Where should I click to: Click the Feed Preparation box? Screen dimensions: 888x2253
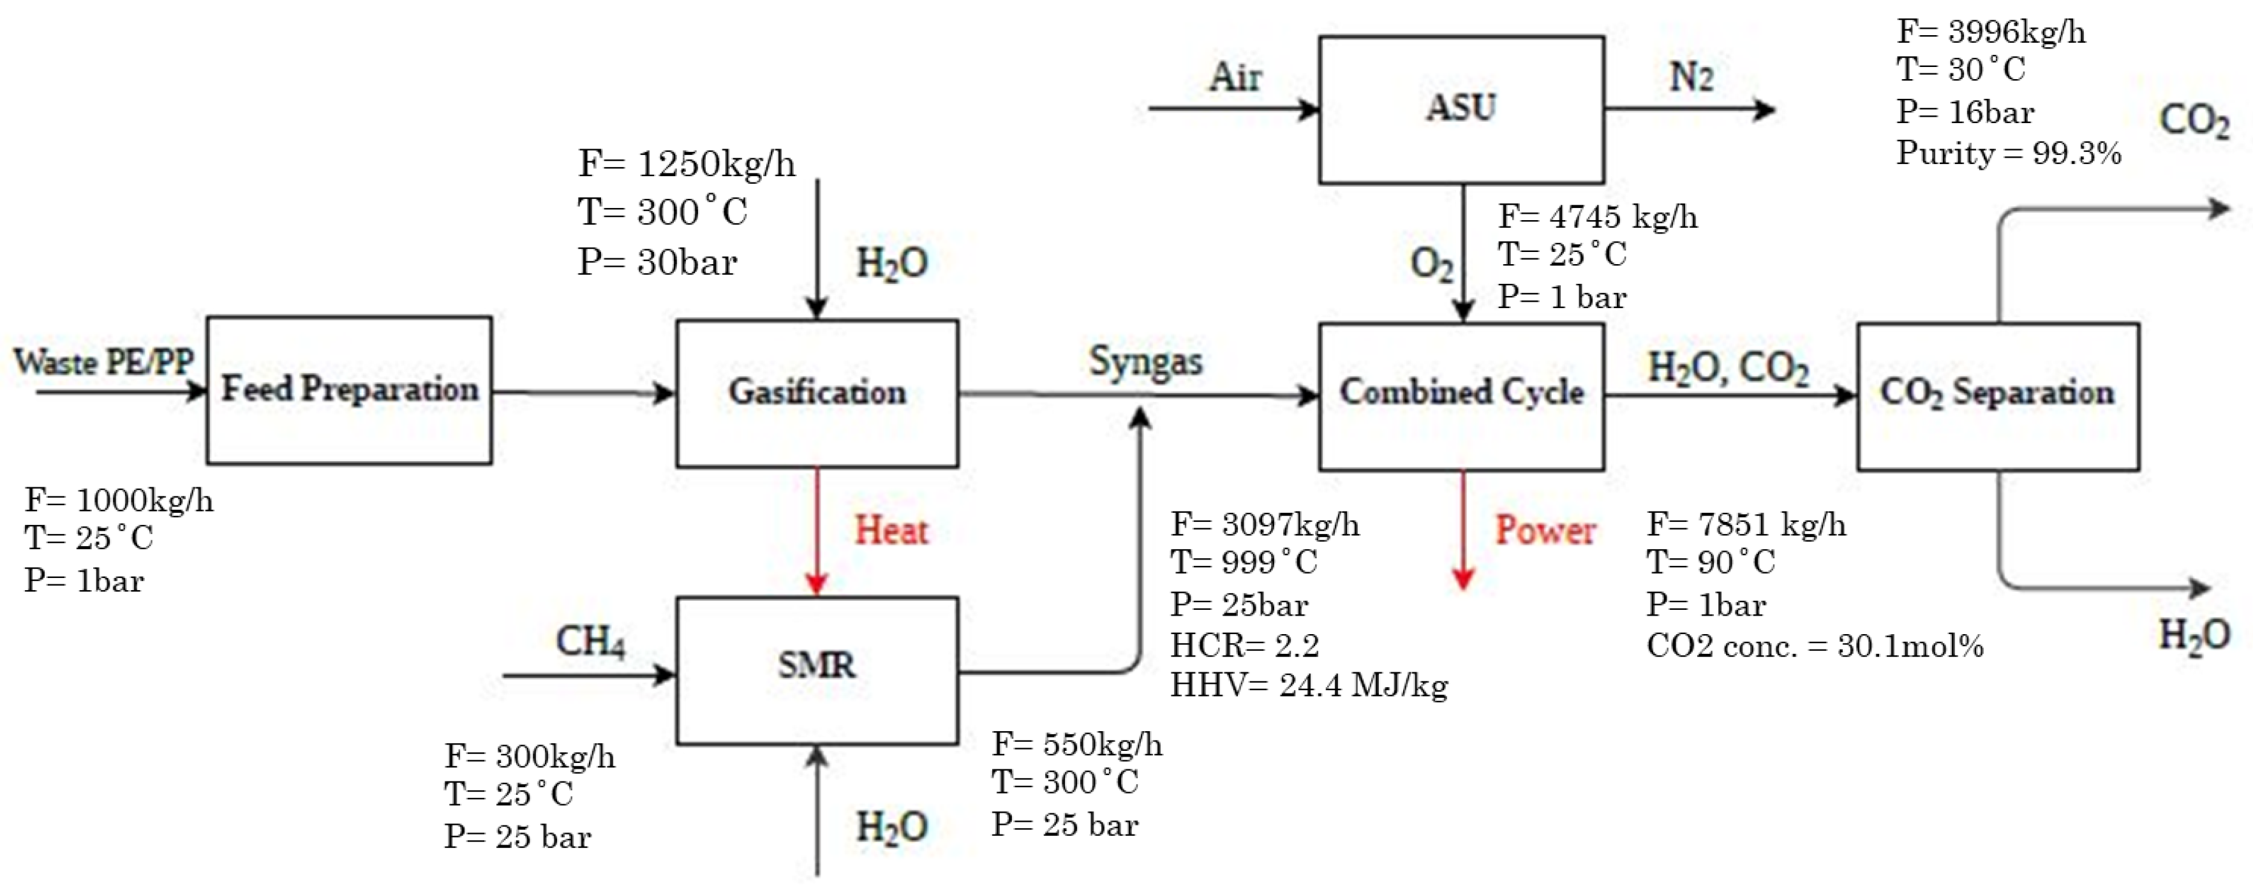pos(349,390)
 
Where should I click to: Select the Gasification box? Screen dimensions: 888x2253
pos(817,392)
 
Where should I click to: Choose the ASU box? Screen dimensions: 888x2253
pos(1461,108)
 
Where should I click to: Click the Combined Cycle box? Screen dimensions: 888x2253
pos(1461,395)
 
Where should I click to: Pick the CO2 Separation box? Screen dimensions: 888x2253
pos(1998,395)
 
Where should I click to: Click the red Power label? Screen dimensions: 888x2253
pos(1545,529)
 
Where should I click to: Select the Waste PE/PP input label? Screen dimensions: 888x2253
pos(104,361)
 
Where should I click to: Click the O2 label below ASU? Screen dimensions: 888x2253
pos(1432,262)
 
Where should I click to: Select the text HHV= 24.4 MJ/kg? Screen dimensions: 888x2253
pos(1309,685)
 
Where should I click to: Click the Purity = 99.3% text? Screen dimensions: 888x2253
pos(2008,153)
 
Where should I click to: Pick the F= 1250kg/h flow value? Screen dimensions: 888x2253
pos(687,163)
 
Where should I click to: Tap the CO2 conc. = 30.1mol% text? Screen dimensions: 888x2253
pos(1815,646)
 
